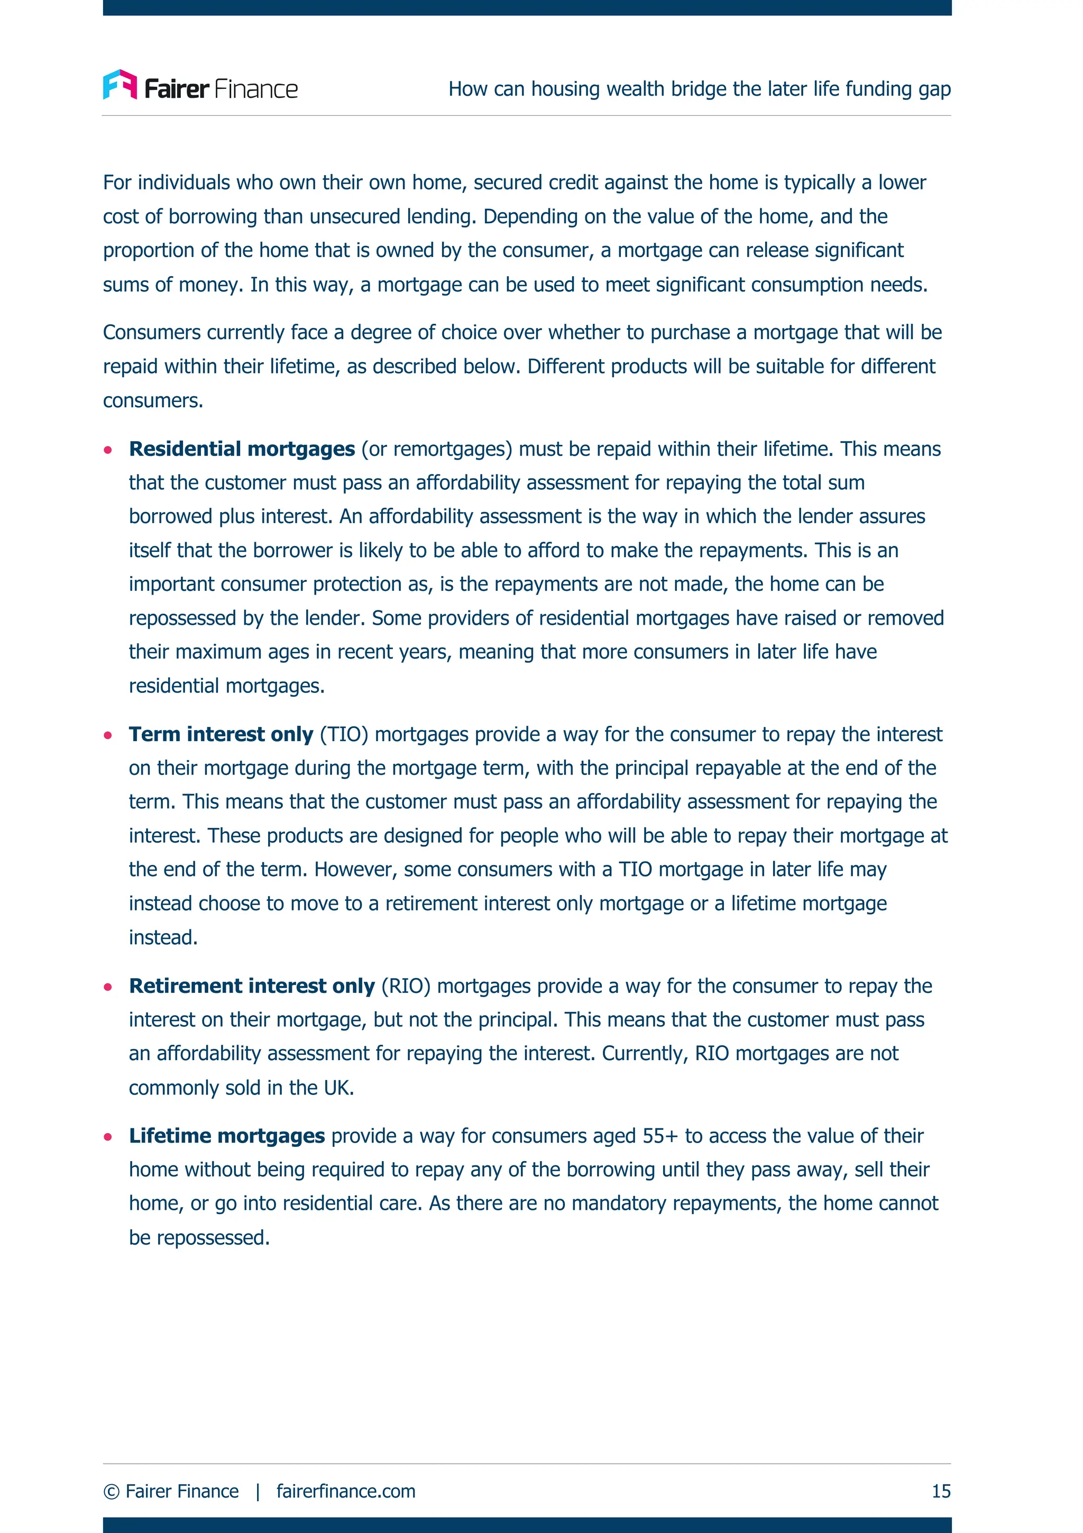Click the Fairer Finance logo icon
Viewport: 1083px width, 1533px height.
tap(120, 85)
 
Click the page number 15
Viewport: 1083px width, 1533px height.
tap(941, 1491)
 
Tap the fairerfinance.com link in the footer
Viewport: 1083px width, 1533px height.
tap(346, 1491)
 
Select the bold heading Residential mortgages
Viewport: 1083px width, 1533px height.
tap(242, 449)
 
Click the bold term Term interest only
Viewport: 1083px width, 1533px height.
tap(221, 734)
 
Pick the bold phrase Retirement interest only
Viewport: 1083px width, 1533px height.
tap(252, 986)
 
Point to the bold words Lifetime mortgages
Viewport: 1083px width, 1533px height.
tap(227, 1136)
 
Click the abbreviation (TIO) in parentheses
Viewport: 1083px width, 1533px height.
tap(344, 734)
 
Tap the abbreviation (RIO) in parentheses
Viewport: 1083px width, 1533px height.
tap(406, 986)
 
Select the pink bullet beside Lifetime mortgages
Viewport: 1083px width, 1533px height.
tap(108, 1136)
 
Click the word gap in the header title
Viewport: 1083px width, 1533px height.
tap(935, 89)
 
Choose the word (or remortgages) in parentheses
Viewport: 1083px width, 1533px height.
tap(436, 449)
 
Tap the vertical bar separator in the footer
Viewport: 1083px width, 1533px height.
tap(258, 1491)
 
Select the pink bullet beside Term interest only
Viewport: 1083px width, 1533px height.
tap(108, 735)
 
